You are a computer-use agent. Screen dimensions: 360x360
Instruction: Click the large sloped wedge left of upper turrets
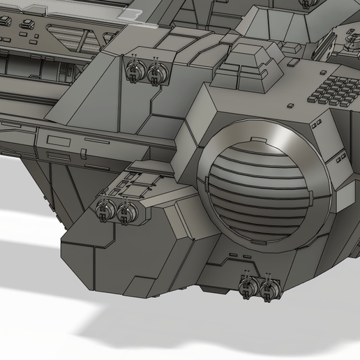pyautogui.click(x=98, y=84)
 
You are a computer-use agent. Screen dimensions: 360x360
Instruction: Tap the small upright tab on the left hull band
pyautogui.click(x=84, y=151)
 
